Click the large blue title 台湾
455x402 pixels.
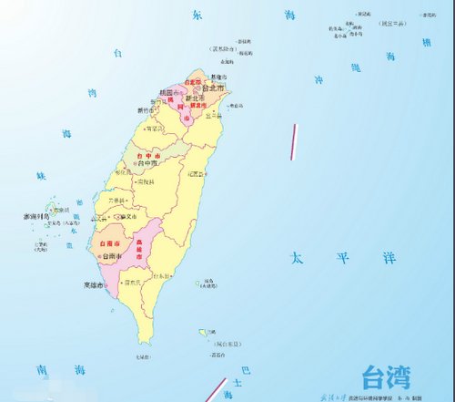pos(386,376)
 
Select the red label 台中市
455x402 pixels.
pos(145,156)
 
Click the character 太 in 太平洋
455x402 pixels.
pos(295,259)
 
